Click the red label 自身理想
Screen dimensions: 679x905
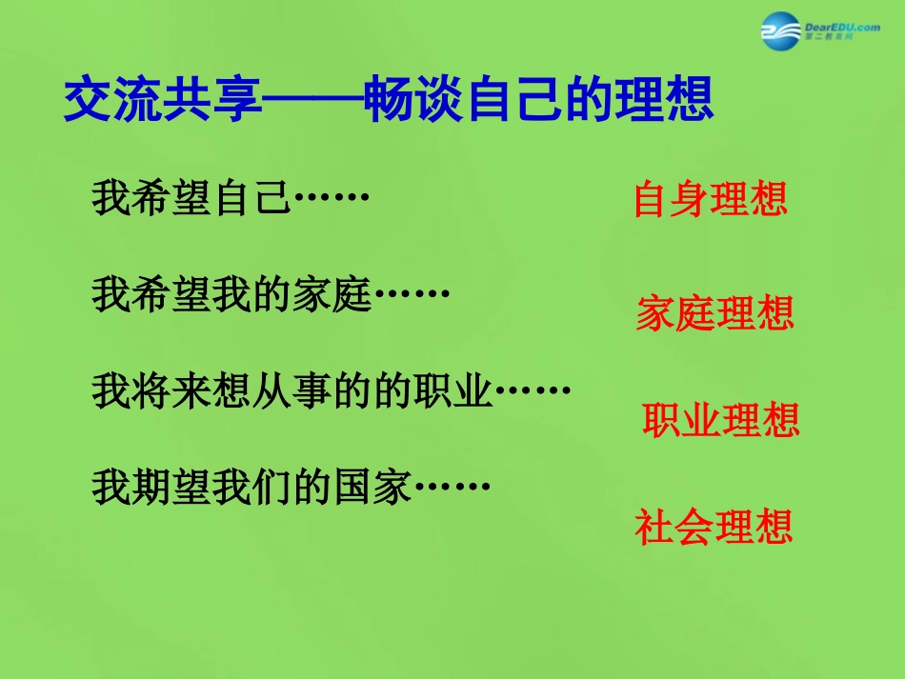pyautogui.click(x=711, y=200)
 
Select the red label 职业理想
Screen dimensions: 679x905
pyautogui.click(x=721, y=420)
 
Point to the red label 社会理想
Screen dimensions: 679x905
pyautogui.click(x=714, y=527)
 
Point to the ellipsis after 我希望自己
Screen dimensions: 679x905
pyautogui.click(x=330, y=199)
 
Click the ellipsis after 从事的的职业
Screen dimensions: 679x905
pyautogui.click(x=533, y=391)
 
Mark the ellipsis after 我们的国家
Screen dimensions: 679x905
pyautogui.click(x=452, y=488)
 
